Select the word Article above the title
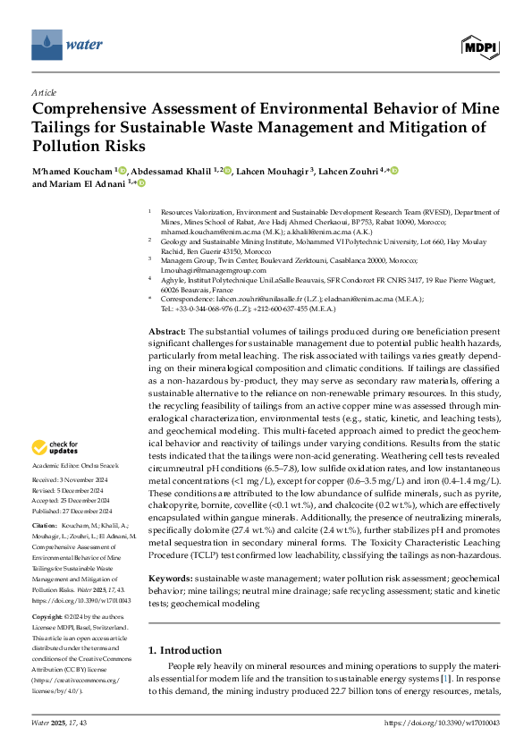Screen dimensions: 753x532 click(x=43, y=92)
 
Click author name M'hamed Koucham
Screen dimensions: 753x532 click(x=75, y=171)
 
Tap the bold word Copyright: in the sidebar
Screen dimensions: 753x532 click(x=49, y=617)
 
